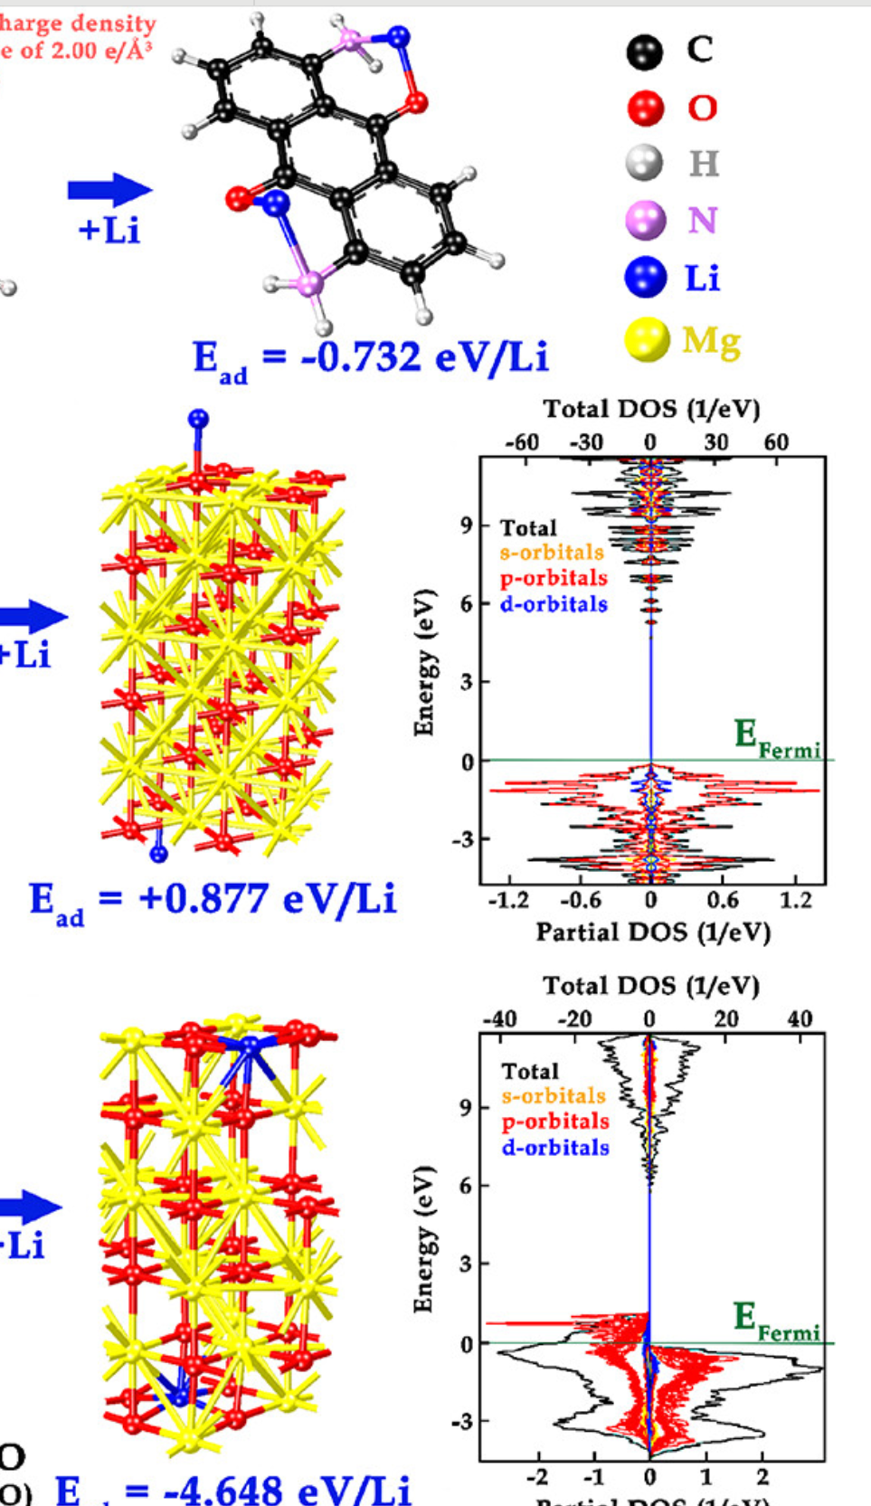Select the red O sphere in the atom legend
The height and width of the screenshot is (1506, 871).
[x=646, y=109]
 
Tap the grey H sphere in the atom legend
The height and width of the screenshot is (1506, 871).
[x=644, y=164]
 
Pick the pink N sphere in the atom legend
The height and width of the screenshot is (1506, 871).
[x=646, y=221]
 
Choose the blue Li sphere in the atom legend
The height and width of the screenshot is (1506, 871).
[x=646, y=278]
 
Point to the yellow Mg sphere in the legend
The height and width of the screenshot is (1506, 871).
[x=647, y=341]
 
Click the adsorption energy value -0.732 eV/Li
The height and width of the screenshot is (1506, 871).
[x=371, y=358]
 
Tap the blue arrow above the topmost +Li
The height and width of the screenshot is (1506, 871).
[x=109, y=190]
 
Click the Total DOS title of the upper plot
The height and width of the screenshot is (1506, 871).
[x=651, y=410]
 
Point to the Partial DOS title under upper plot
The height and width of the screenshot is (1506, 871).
[x=653, y=933]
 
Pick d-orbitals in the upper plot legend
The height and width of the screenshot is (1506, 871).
[x=554, y=604]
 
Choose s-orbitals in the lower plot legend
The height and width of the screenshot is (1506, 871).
[x=554, y=1096]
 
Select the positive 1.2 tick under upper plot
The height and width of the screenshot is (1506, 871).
[x=796, y=901]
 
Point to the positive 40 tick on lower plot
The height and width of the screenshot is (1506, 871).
[x=800, y=1020]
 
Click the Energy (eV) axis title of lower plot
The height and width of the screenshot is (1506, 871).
[x=423, y=1239]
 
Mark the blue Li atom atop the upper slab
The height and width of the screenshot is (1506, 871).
[x=198, y=419]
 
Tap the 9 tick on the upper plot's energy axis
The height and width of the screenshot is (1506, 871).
[x=467, y=525]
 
